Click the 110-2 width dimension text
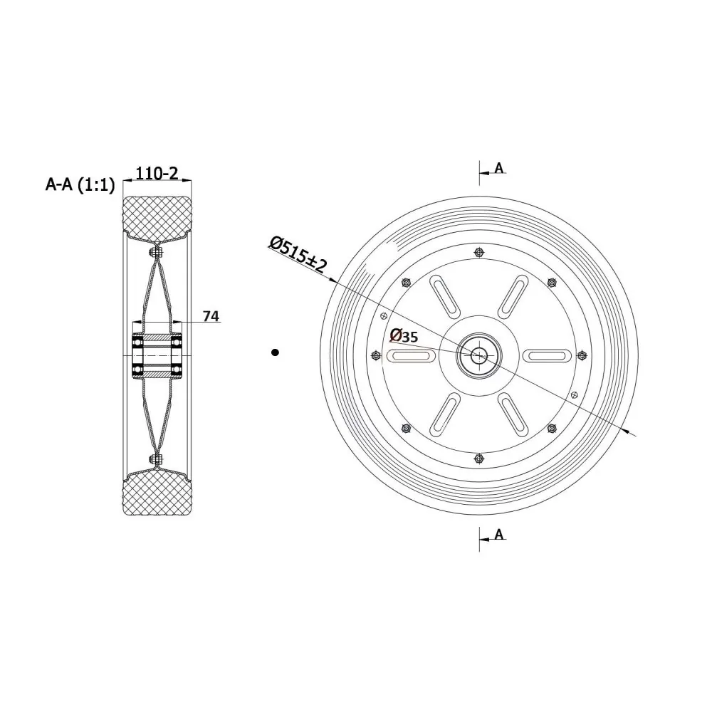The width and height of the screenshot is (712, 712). pos(157,173)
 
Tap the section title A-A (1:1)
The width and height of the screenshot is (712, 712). pos(80,185)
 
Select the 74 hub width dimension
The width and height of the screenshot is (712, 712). pos(211,316)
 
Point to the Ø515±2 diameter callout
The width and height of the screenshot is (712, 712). pos(298,254)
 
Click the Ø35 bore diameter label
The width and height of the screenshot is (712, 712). pos(404,336)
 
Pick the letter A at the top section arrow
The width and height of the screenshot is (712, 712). pos(498,168)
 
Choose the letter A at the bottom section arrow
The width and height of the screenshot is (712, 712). pos(498,534)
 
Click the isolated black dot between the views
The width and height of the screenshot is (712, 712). pos(275,352)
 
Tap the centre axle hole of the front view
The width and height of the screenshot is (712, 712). pos(478,355)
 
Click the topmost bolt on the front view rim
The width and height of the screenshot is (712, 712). pos(478,253)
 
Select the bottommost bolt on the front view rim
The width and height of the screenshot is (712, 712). pos(478,459)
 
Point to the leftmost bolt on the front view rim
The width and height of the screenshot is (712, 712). pos(375,355)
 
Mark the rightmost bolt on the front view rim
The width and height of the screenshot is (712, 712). pos(582,355)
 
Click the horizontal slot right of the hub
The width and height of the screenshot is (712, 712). pos(548,355)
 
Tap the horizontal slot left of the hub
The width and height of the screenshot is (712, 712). pos(410,355)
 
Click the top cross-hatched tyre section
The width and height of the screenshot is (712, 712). pos(157,216)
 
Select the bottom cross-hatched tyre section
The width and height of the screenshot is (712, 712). pos(157,494)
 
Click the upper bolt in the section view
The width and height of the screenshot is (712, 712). pos(157,251)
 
